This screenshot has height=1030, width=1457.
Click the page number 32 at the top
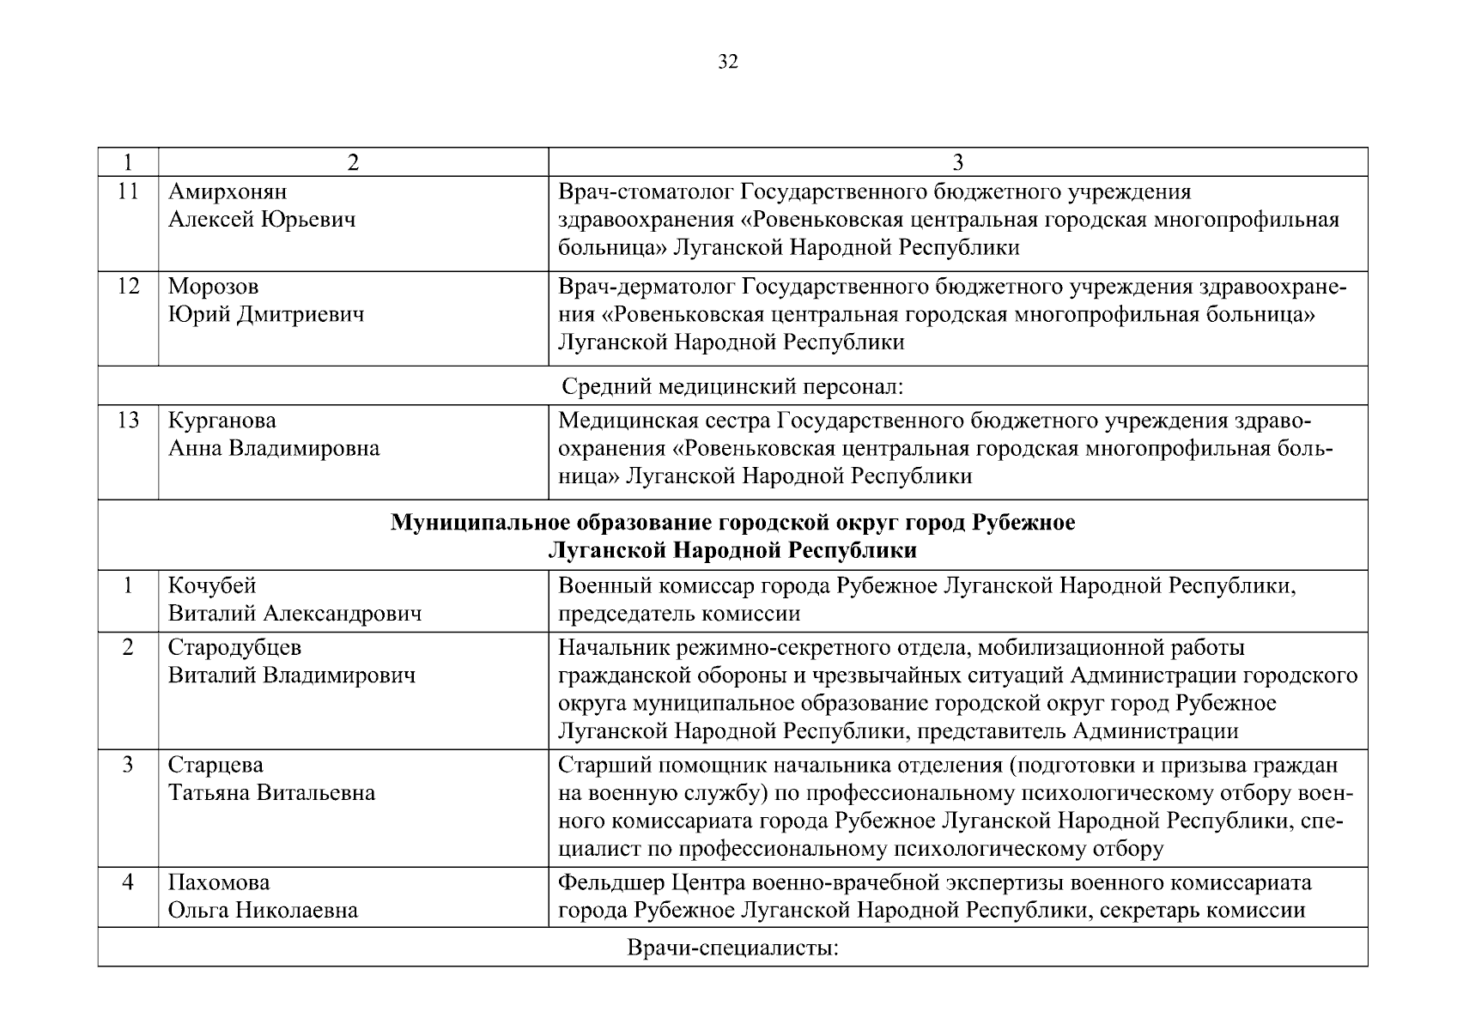(x=727, y=62)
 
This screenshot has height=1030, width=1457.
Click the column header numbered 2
(x=353, y=162)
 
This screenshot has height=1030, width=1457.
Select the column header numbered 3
(x=957, y=162)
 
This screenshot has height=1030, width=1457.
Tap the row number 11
(x=128, y=191)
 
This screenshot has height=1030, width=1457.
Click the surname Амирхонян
(x=228, y=191)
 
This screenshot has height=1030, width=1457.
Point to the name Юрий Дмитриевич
(x=265, y=314)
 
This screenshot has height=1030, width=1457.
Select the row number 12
(x=128, y=286)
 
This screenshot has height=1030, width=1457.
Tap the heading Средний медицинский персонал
(x=732, y=386)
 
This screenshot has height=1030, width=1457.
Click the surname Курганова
(x=222, y=421)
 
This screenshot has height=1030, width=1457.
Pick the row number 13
(x=128, y=421)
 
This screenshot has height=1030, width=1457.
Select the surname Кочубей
(x=211, y=585)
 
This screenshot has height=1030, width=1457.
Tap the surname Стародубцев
(x=234, y=646)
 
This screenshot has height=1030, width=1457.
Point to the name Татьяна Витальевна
(x=271, y=792)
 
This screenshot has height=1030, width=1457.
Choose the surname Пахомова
(x=219, y=882)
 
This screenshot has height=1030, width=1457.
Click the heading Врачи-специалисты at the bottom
(x=732, y=948)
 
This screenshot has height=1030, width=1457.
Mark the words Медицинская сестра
(x=663, y=421)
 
